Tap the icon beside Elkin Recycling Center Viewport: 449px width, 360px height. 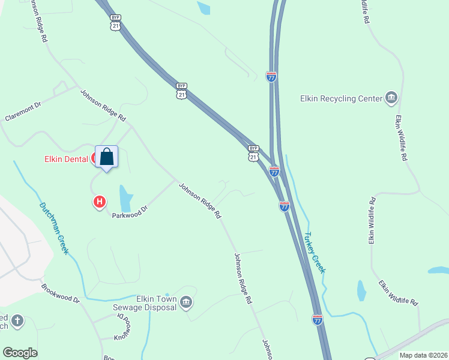point(391,98)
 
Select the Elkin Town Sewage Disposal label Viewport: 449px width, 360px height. point(147,303)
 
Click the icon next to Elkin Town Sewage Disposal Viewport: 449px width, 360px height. point(186,302)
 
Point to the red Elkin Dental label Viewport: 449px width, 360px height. point(67,159)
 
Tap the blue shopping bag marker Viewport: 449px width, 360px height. point(107,157)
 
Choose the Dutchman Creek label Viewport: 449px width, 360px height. point(54,228)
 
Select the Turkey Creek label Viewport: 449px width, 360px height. point(315,252)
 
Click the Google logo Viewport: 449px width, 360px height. point(20,353)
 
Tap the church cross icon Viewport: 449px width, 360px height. point(17,320)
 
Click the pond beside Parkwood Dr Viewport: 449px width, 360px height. point(125,197)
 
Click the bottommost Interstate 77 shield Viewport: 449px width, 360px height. point(318,320)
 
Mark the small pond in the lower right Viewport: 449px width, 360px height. point(361,291)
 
